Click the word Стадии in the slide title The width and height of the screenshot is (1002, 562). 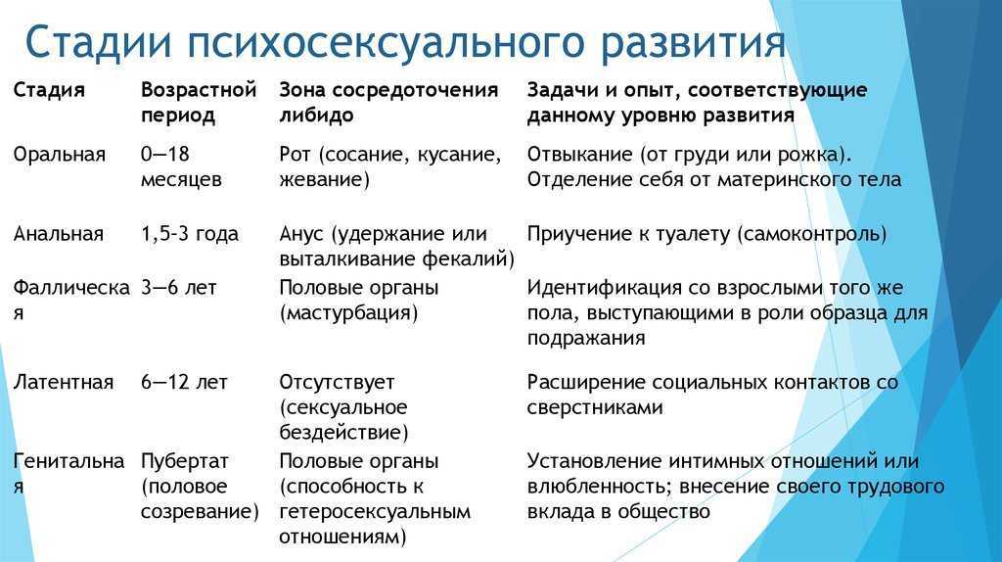coord(99,42)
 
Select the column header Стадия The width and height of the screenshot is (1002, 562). coord(49,90)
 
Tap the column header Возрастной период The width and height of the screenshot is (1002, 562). coord(199,102)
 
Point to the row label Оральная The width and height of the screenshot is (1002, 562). coord(60,155)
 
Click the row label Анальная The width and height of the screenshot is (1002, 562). coord(59,234)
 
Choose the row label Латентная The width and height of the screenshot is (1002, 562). coord(64,383)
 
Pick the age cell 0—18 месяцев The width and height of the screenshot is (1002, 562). coord(181,166)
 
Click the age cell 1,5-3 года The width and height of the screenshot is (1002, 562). coord(190,234)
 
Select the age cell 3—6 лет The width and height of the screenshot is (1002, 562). coord(179,288)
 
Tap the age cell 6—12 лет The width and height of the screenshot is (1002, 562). coord(184,383)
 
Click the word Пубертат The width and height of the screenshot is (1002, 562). coord(185,461)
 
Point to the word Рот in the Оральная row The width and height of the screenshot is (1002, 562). coord(296,155)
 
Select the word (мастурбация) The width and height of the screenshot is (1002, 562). coord(349,313)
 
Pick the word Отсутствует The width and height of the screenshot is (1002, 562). coord(337,383)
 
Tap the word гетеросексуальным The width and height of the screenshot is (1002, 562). coord(375,512)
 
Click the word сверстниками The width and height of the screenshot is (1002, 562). coord(595,408)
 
